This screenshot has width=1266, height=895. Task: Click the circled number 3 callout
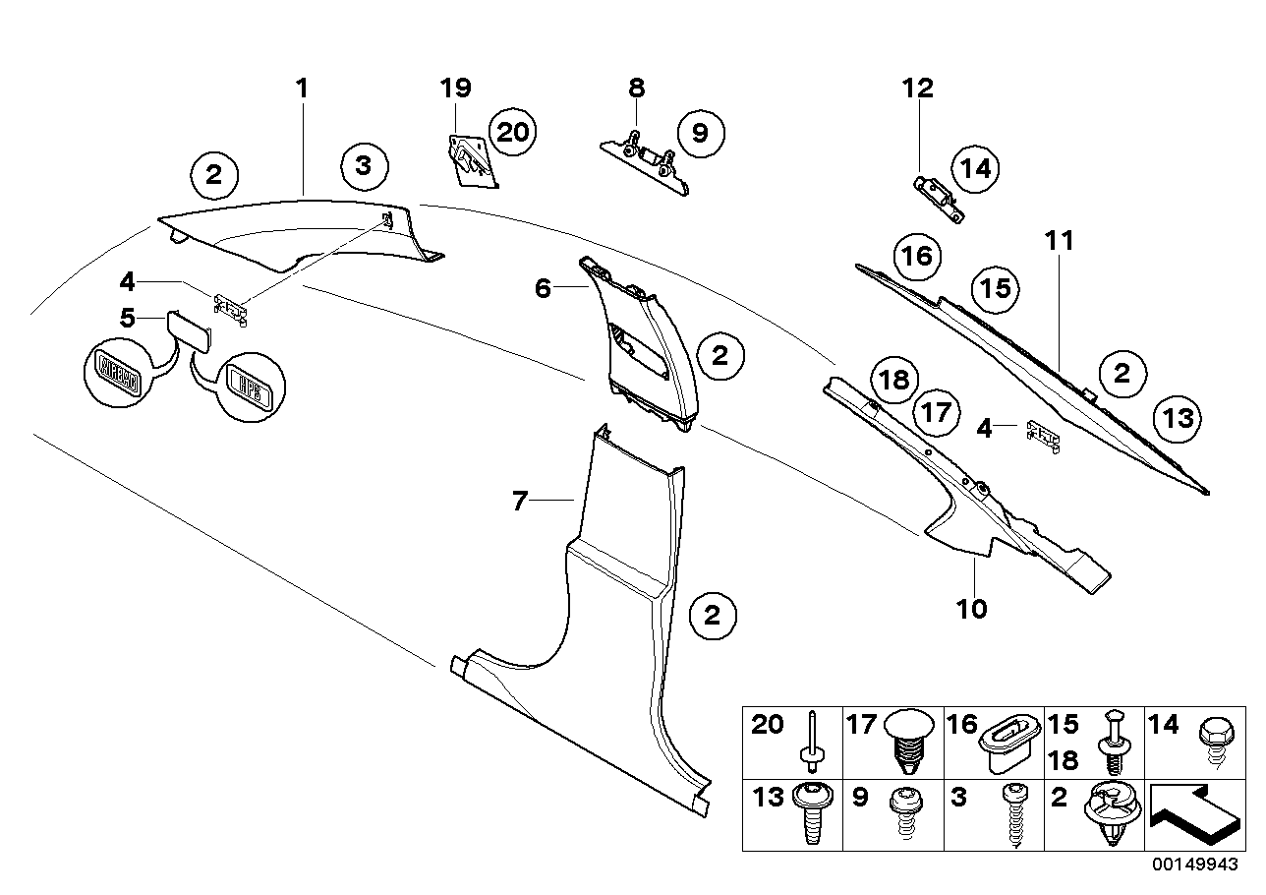tap(364, 165)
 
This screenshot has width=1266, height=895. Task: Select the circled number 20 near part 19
tap(512, 132)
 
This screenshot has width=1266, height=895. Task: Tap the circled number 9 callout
tap(700, 132)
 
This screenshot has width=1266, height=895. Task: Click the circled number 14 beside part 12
tap(974, 168)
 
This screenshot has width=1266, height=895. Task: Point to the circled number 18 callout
tap(895, 380)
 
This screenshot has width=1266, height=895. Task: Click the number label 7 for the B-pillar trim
tap(520, 502)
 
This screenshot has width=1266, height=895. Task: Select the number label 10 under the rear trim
tap(971, 610)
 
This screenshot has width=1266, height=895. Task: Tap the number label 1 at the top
tap(303, 89)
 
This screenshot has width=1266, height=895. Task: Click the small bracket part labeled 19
tap(468, 157)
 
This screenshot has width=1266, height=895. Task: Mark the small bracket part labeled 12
tap(939, 197)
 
